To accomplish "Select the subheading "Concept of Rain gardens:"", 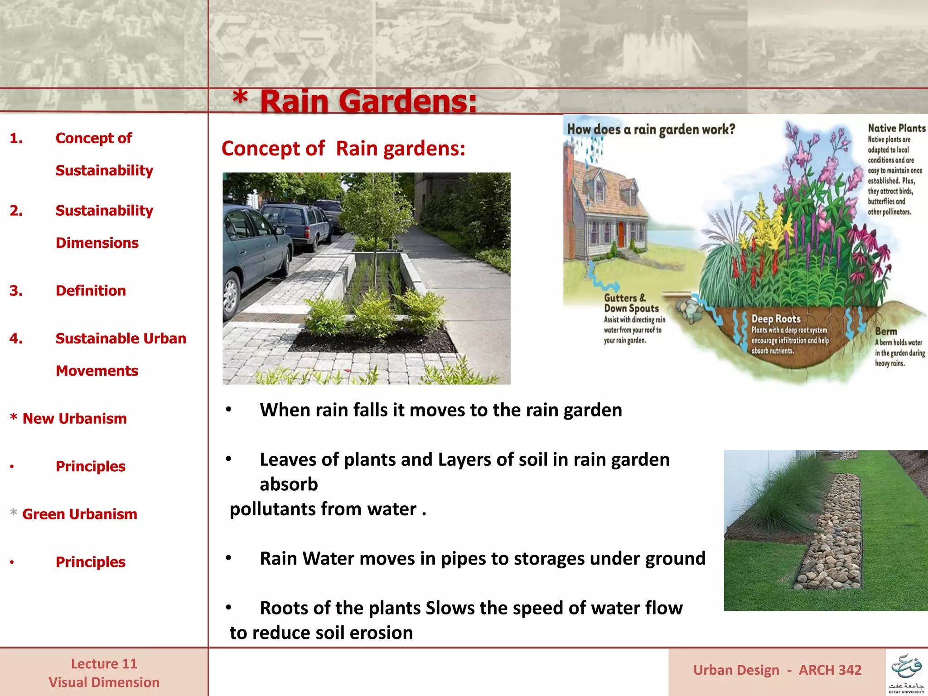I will tap(343, 149).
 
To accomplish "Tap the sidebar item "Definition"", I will tap(91, 290).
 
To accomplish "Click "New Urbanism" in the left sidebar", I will tap(74, 418).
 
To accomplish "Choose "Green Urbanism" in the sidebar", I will tap(79, 514).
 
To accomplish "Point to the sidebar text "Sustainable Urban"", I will tap(121, 338).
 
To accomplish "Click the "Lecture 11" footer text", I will tap(104, 664).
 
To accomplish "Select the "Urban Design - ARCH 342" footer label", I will tap(777, 670).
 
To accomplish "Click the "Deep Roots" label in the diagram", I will tap(776, 319).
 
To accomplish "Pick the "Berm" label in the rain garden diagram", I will tap(886, 332).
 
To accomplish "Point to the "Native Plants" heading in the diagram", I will tap(896, 128).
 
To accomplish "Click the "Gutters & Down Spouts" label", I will tap(631, 303).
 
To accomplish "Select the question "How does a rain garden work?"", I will tap(651, 130).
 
